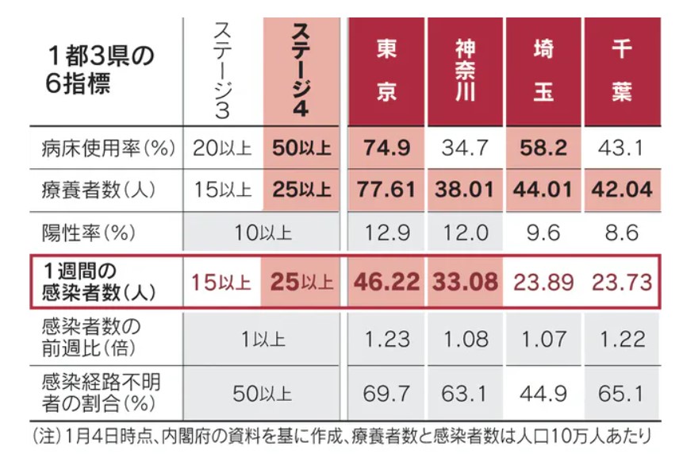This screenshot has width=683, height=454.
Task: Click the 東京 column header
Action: click(x=387, y=71)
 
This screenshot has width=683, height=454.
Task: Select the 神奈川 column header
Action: click(x=465, y=71)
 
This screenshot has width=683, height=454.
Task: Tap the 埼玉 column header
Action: click(x=543, y=71)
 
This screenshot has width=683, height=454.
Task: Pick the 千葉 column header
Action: click(x=621, y=71)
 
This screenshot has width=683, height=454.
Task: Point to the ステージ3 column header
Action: click(x=222, y=71)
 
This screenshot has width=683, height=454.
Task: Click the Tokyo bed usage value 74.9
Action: click(x=387, y=147)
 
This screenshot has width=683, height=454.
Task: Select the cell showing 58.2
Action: click(x=543, y=147)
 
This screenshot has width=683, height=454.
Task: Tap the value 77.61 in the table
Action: click(x=387, y=190)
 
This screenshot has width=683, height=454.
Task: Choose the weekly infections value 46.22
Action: click(x=387, y=282)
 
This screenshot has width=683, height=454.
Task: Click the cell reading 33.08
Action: click(x=465, y=282)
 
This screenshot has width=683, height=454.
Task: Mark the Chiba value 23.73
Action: click(x=621, y=282)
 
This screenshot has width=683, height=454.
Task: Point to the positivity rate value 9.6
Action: click(x=543, y=233)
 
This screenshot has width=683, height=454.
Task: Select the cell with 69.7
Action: click(x=387, y=391)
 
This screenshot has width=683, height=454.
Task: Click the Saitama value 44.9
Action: click(x=543, y=391)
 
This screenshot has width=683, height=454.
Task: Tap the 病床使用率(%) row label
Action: click(x=107, y=148)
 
